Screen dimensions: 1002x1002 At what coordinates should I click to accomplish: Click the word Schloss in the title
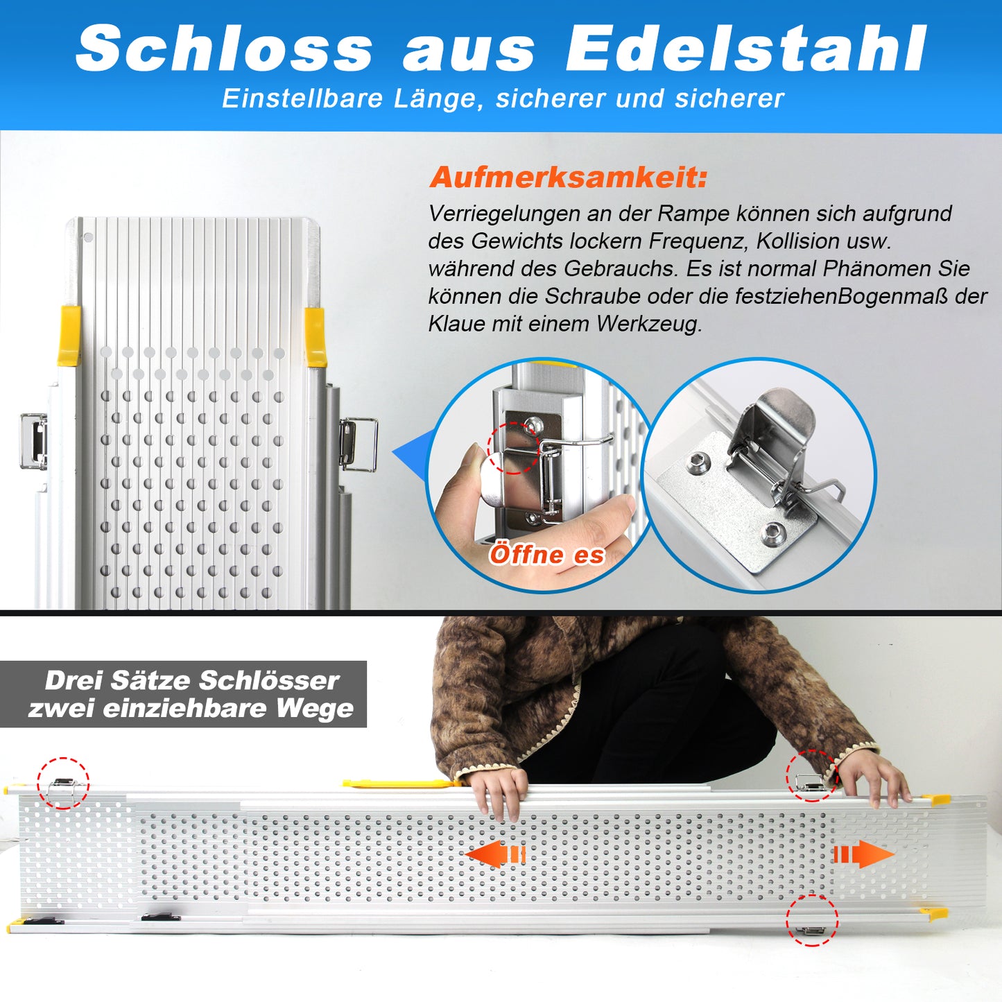[x=224, y=49]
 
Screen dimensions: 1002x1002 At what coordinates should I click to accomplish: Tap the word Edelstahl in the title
[x=745, y=49]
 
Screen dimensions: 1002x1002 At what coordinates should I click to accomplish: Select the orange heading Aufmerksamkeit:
[x=568, y=178]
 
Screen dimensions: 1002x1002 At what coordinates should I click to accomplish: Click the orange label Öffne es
[x=546, y=555]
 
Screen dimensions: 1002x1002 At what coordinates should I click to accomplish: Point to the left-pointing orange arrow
[x=496, y=854]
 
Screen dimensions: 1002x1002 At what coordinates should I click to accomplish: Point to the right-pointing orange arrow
[x=864, y=854]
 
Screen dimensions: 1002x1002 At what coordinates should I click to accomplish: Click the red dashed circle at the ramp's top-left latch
[x=63, y=783]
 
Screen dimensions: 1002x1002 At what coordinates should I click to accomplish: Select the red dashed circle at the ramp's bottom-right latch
[x=812, y=919]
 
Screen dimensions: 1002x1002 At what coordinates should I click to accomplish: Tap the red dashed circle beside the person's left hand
[x=812, y=776]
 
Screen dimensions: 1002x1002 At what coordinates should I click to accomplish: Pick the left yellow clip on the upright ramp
[x=69, y=336]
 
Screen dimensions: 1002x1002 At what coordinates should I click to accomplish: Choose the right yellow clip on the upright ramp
[x=315, y=337]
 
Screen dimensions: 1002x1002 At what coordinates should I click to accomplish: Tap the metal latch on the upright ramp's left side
[x=33, y=441]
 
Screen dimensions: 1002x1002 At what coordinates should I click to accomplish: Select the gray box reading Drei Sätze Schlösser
[x=183, y=694]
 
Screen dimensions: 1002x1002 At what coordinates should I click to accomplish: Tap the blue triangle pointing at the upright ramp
[x=410, y=454]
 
